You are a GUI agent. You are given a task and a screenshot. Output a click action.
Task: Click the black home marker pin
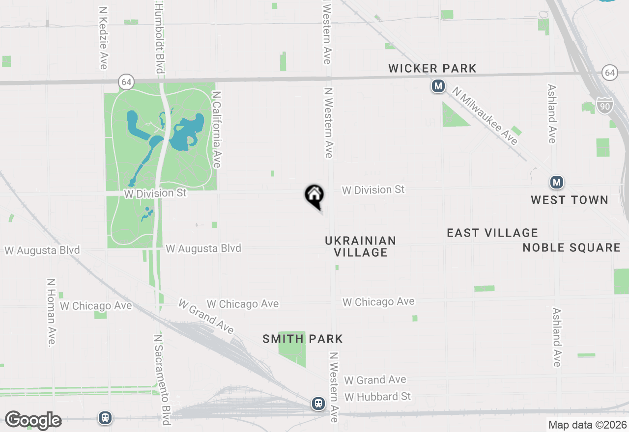[x=314, y=196]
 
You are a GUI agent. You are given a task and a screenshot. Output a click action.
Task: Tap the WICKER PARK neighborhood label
[x=432, y=68]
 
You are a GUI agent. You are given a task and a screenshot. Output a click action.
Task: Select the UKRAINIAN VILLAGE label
[x=360, y=246]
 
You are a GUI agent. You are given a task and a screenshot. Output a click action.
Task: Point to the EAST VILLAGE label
[x=492, y=233]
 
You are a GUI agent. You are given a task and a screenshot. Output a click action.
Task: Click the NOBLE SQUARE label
[x=572, y=247]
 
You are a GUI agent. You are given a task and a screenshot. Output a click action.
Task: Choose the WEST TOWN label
[x=570, y=200]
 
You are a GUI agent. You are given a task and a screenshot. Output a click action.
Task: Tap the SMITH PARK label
[x=302, y=339]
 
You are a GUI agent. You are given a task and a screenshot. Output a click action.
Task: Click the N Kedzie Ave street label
[x=103, y=38]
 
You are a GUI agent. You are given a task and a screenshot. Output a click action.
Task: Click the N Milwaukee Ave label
[x=485, y=116]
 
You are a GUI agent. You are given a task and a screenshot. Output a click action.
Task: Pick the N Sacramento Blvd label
[x=162, y=380]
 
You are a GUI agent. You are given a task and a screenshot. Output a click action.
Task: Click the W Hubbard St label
[x=377, y=396]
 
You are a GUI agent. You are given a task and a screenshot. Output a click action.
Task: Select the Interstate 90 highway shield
[x=605, y=105]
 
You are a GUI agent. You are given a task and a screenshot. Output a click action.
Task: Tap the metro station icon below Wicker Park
[x=438, y=87]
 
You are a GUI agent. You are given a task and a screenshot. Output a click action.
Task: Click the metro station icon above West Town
[x=556, y=183]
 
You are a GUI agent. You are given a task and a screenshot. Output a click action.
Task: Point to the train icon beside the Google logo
[x=105, y=418]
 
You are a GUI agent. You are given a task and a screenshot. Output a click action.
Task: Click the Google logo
[x=33, y=420]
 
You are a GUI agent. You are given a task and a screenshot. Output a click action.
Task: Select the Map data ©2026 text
[x=587, y=425]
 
